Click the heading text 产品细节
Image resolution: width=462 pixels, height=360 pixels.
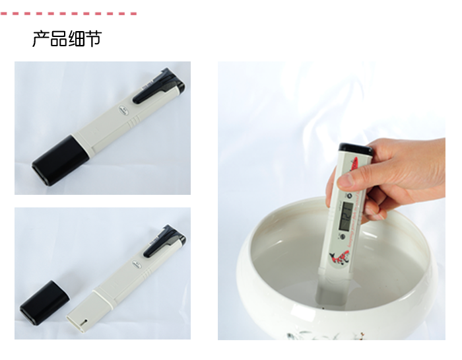click(67, 39)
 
